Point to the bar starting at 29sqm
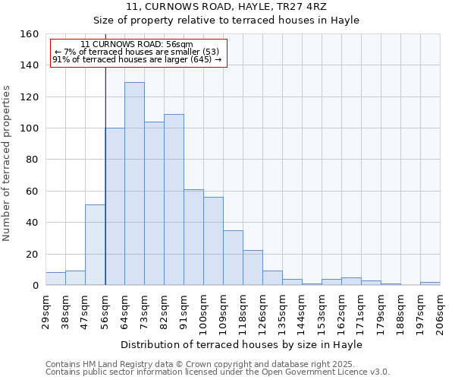tap(55, 279)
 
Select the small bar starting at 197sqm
tap(430, 283)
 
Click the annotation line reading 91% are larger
tap(136, 59)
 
